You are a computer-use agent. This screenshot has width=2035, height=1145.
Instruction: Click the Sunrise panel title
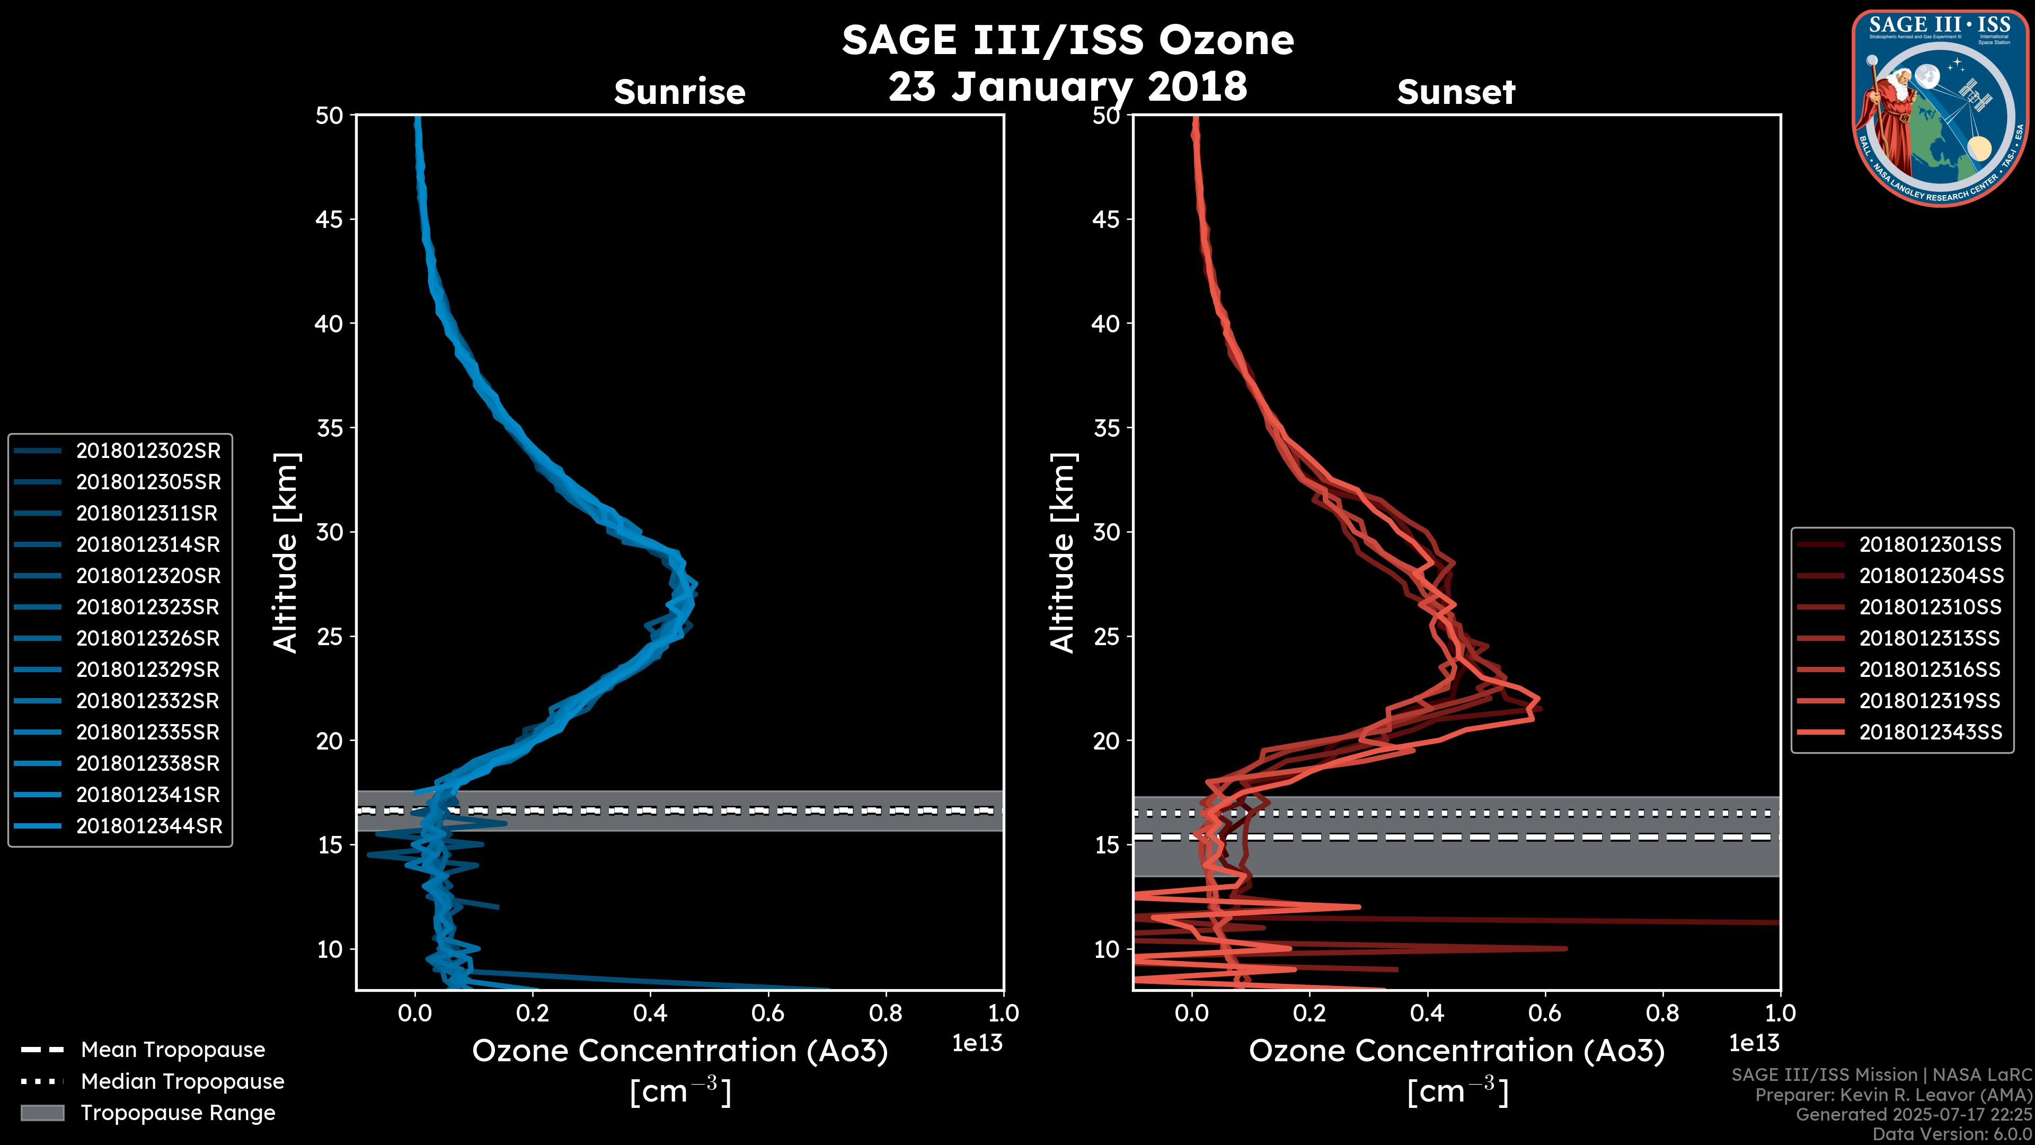[x=679, y=92]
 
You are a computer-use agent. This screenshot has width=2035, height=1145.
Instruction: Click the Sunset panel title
[x=1455, y=92]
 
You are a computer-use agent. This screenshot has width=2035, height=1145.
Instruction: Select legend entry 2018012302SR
[x=148, y=451]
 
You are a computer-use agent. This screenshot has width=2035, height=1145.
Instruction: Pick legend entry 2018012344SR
[x=148, y=826]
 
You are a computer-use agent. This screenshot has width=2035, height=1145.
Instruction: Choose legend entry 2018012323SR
[x=148, y=607]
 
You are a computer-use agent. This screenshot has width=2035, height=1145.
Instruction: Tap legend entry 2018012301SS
[x=1930, y=544]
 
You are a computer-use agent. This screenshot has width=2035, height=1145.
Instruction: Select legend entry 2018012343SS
[x=1930, y=733]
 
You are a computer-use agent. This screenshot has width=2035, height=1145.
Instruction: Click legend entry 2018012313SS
[x=1930, y=638]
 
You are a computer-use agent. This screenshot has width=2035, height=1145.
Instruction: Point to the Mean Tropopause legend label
[x=173, y=1050]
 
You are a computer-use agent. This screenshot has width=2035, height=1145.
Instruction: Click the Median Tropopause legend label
[x=182, y=1082]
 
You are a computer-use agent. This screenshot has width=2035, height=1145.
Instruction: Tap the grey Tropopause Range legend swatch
[x=42, y=1113]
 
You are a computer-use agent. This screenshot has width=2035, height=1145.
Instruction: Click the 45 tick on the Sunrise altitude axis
[x=330, y=219]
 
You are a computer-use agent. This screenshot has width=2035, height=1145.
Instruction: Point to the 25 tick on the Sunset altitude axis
[x=1107, y=636]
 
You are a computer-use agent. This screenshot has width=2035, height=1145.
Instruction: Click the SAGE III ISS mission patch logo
[x=1940, y=108]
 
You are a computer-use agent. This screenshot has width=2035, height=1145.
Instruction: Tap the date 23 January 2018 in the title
[x=1067, y=86]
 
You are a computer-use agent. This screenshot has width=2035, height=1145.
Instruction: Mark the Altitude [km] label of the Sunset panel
[x=1063, y=552]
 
